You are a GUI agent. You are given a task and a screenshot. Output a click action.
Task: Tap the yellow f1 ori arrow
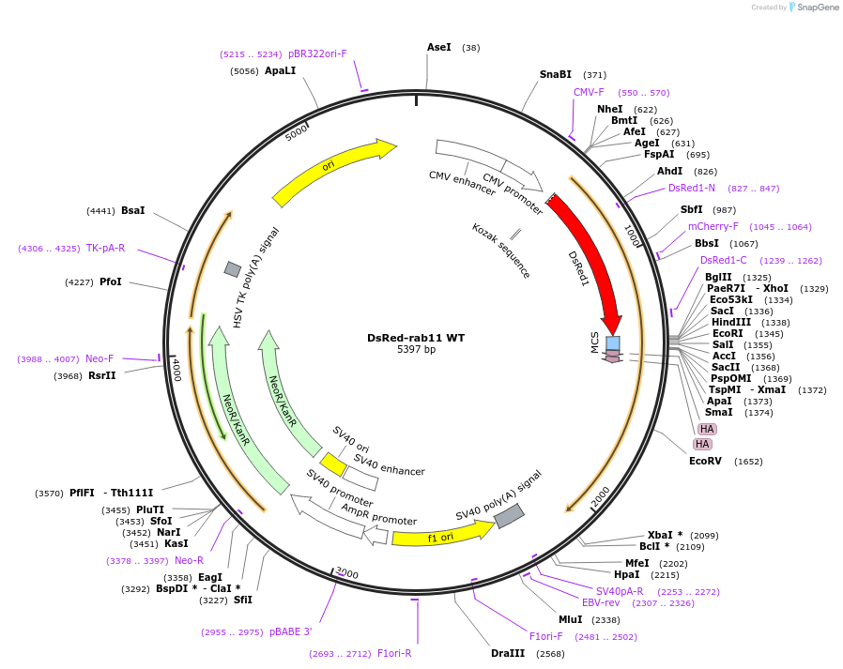point(441,535)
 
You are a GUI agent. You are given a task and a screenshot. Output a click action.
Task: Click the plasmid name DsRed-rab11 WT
point(416,338)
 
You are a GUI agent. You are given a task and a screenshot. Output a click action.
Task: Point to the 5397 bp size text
point(416,350)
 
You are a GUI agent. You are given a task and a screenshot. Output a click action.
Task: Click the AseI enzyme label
point(439,47)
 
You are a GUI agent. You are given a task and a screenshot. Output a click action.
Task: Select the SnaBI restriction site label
point(555,74)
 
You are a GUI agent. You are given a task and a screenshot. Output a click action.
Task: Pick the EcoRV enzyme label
point(706,461)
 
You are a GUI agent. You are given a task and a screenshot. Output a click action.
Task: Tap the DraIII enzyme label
point(508,653)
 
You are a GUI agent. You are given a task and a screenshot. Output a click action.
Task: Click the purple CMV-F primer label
point(589,92)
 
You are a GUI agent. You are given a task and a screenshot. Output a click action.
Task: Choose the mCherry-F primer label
point(713,226)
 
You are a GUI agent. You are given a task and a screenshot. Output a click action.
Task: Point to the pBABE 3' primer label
point(290,631)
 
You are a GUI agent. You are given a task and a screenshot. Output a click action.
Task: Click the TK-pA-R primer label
point(105,248)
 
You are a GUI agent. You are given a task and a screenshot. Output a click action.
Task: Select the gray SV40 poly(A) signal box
point(509,515)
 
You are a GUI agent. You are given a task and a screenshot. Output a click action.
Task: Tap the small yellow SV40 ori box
point(333,464)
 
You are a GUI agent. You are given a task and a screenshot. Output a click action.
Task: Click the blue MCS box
point(613,342)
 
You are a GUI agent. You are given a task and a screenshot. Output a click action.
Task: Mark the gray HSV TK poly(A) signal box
point(232,269)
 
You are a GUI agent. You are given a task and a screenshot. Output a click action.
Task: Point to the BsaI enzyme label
point(132,210)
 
